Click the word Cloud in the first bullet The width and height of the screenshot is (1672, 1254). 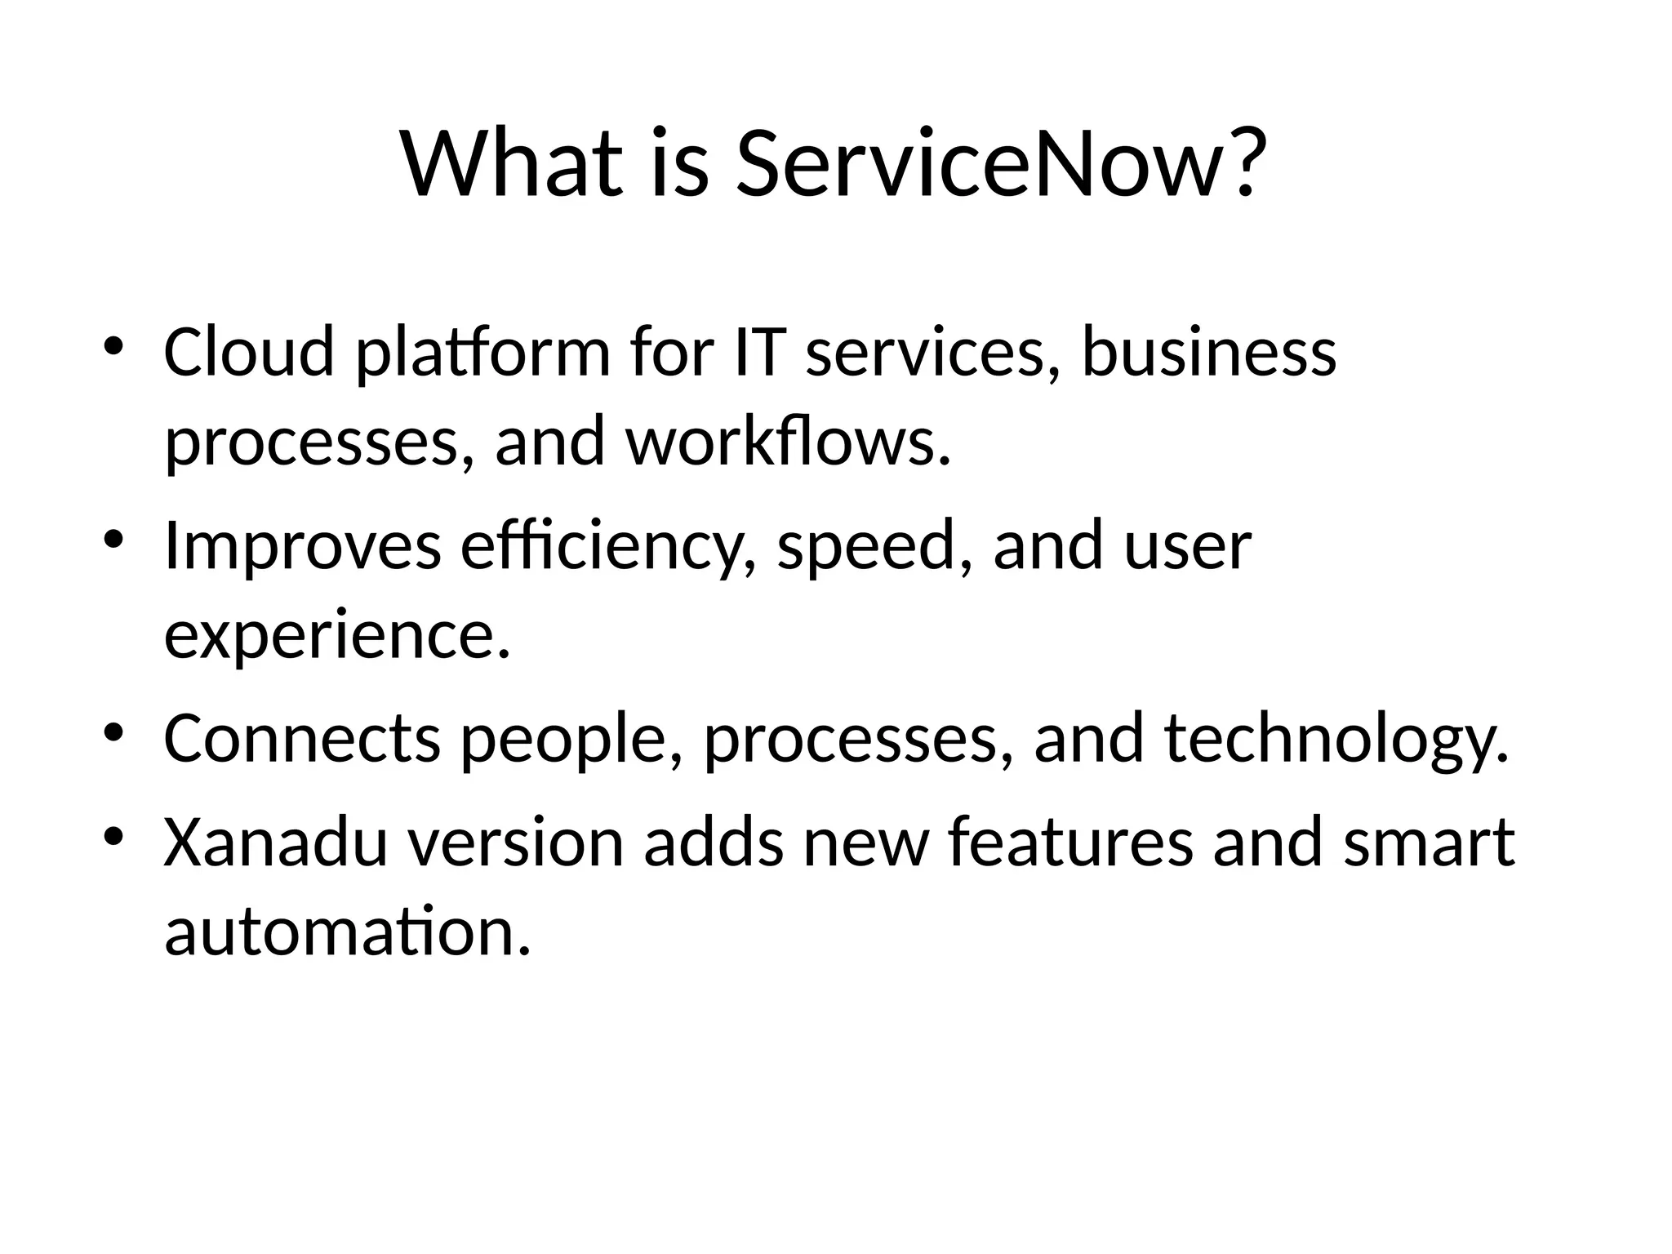(x=249, y=352)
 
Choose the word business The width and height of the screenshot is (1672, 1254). (x=1209, y=352)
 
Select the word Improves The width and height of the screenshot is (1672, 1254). (x=303, y=545)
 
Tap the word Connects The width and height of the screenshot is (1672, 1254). (x=302, y=738)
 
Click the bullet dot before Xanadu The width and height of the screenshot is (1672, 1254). (x=113, y=836)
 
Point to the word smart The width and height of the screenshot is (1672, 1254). (x=1429, y=842)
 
